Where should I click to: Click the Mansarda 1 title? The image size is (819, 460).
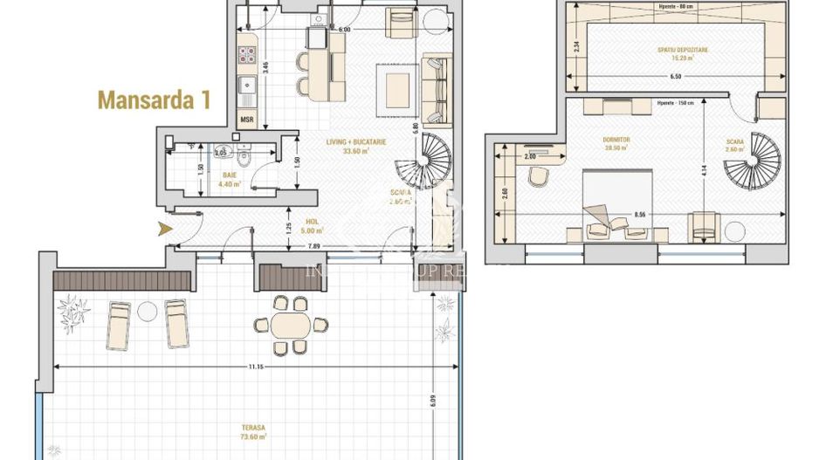pos(154,100)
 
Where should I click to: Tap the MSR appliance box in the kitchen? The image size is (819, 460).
pos(246,120)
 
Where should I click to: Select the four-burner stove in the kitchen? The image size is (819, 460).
pos(245,54)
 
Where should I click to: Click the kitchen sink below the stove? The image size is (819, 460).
pos(245,86)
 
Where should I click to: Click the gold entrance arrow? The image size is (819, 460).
pos(162,230)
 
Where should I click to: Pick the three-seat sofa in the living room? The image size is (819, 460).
pos(435,88)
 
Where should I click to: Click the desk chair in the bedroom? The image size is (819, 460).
pos(538,176)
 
